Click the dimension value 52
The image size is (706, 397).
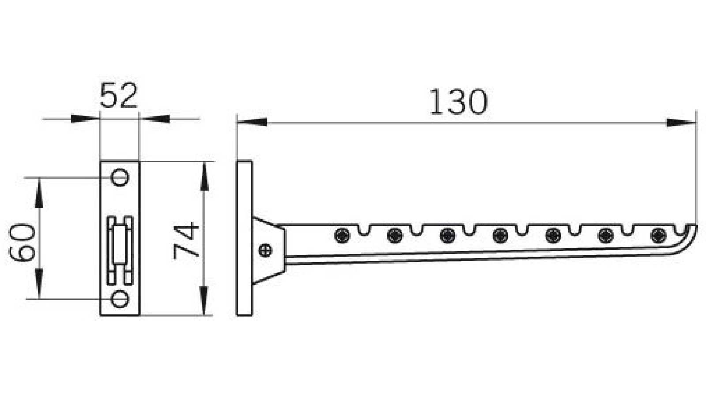pos(119,96)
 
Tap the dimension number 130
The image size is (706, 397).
pos(458,102)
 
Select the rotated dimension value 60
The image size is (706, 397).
pos(22,243)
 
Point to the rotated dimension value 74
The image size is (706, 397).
pos(186,240)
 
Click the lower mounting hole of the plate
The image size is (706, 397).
pos(119,299)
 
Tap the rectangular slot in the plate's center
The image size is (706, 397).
pos(120,249)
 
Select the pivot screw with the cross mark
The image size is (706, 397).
pos(266,250)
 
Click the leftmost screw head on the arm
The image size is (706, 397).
pos(342,235)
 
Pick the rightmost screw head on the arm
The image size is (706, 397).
pos(658,235)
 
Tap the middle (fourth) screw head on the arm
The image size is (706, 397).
pos(500,235)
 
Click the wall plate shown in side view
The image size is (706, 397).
pos(244,238)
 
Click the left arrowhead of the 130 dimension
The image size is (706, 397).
pos(252,122)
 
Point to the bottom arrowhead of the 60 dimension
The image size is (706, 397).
pos(39,285)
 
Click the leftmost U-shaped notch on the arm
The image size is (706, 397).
pos(364,230)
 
